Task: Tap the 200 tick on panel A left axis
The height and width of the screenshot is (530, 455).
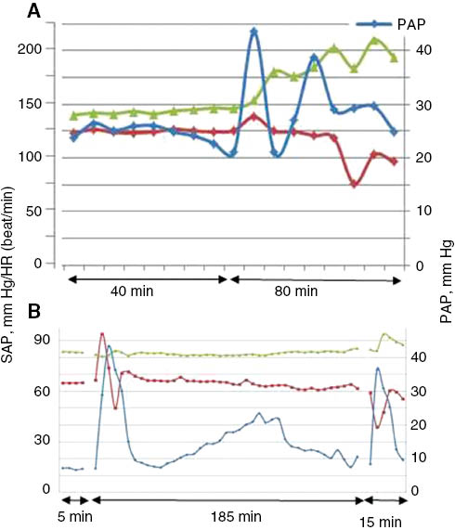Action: click(x=40, y=48)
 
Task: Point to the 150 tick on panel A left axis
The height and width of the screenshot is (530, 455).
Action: click(x=40, y=102)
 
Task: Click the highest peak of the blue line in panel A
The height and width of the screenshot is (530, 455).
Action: click(x=253, y=32)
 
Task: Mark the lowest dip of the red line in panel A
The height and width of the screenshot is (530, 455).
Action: click(x=354, y=184)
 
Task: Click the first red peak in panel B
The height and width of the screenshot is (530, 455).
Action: click(x=102, y=333)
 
